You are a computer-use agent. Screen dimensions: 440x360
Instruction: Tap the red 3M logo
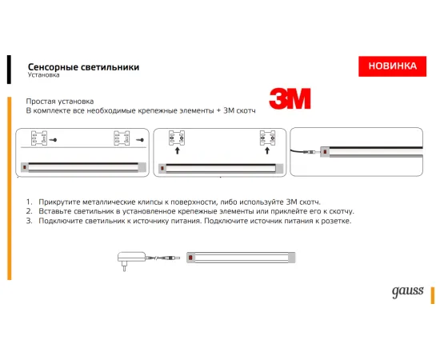pyautogui.click(x=290, y=101)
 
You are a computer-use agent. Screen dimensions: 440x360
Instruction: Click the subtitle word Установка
pyautogui.click(x=43, y=77)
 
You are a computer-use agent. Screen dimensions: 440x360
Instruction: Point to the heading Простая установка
pyautogui.click(x=60, y=102)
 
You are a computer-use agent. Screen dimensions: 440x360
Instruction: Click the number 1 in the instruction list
pyautogui.click(x=28, y=203)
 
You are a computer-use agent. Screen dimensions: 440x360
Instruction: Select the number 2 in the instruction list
pyautogui.click(x=28, y=212)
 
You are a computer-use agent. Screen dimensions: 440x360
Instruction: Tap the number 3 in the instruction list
pyautogui.click(x=28, y=221)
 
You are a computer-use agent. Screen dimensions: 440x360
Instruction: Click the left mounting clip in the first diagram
pyautogui.click(x=38, y=140)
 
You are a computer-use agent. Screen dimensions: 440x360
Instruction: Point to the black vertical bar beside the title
pyautogui.click(x=9, y=70)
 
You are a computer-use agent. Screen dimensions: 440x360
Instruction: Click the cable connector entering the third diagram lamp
pyautogui.click(x=314, y=150)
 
